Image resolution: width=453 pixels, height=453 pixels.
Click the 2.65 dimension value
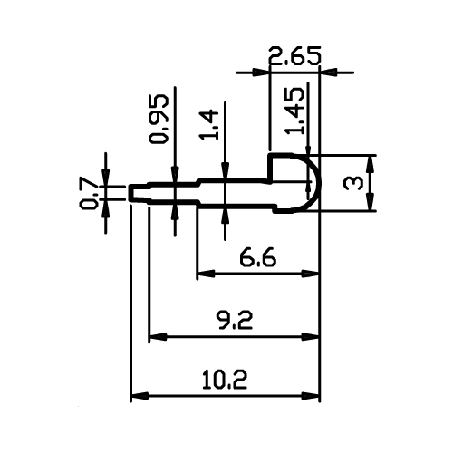click(x=294, y=56)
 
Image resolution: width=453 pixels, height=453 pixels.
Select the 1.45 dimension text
click(x=294, y=111)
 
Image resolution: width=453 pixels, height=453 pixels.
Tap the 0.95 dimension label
click(x=158, y=119)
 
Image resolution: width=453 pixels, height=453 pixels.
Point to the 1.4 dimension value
click(x=208, y=125)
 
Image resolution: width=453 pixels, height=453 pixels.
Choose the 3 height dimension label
click(x=353, y=183)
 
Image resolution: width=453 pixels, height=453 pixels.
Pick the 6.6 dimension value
click(x=257, y=257)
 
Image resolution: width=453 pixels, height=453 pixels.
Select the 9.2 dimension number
click(x=235, y=321)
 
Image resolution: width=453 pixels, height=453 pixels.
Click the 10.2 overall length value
click(x=225, y=380)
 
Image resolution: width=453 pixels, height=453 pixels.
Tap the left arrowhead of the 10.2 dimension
click(x=140, y=396)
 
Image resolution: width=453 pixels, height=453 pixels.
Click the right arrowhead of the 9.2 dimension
click(x=311, y=336)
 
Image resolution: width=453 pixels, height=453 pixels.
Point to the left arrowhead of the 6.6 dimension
click(x=206, y=274)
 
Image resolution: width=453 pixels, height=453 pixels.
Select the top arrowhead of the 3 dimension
click(x=371, y=163)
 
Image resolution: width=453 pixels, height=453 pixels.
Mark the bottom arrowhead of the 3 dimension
click(x=371, y=202)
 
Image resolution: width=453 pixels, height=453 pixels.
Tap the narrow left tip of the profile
click(x=130, y=193)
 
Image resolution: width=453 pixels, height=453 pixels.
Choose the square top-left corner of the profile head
click(x=270, y=155)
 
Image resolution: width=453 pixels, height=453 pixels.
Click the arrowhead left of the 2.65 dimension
click(x=260, y=72)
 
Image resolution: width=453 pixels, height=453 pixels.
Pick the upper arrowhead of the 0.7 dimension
click(x=105, y=178)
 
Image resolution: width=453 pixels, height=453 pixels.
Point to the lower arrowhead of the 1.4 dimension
click(x=225, y=216)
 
